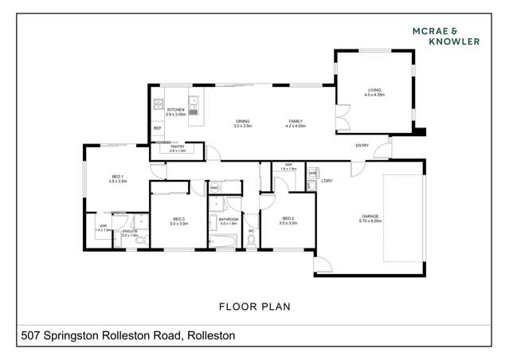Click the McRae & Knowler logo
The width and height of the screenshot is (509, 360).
click(x=445, y=36)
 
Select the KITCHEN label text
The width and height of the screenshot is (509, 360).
click(x=175, y=110)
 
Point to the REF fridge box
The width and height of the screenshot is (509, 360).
click(x=157, y=127)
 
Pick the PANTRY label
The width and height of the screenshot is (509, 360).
click(x=177, y=147)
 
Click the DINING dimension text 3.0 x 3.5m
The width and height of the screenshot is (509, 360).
click(x=242, y=127)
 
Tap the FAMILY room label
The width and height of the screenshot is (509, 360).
click(x=295, y=122)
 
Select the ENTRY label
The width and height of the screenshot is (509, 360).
click(x=362, y=145)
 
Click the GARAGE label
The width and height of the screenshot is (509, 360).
click(x=370, y=216)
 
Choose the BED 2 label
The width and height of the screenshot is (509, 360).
click(x=288, y=219)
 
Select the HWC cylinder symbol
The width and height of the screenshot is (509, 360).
click(x=215, y=188)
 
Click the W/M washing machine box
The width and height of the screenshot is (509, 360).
click(x=313, y=173)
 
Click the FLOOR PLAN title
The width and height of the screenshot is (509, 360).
click(x=254, y=306)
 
